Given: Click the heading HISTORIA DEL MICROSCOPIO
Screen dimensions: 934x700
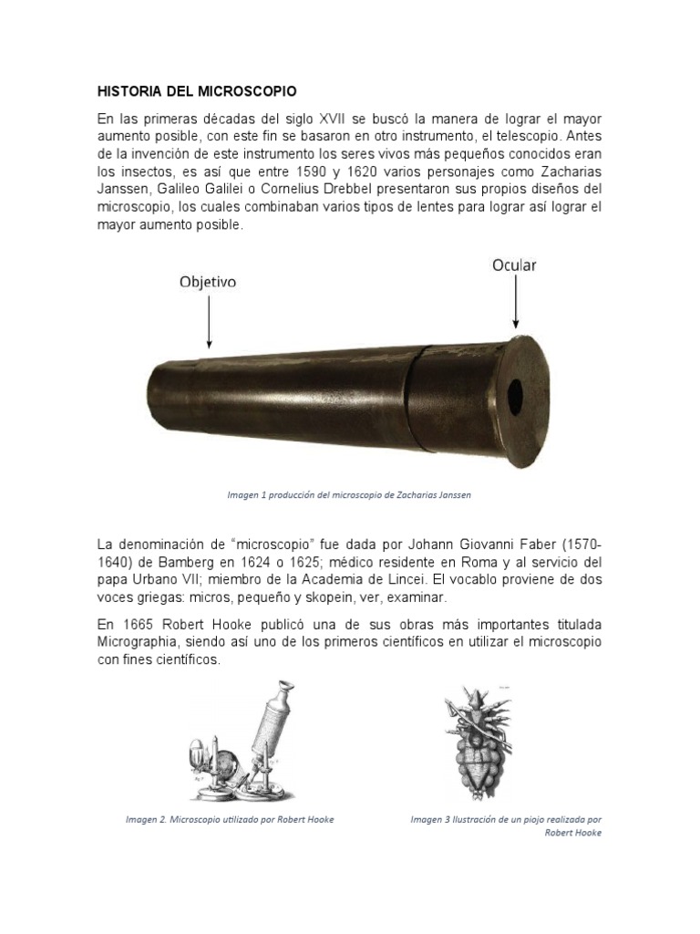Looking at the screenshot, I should pyautogui.click(x=197, y=92).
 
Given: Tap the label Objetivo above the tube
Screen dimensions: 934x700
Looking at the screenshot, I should pyautogui.click(x=207, y=283).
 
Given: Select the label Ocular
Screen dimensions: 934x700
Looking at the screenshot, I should pyautogui.click(x=514, y=265).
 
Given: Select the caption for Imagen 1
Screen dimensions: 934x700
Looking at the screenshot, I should pyautogui.click(x=349, y=494).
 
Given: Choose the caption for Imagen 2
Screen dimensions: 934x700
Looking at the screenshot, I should pyautogui.click(x=230, y=819).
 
